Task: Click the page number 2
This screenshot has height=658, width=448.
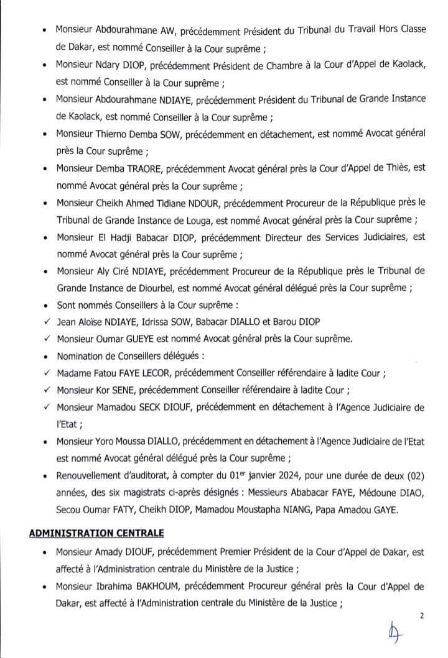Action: (x=421, y=616)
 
